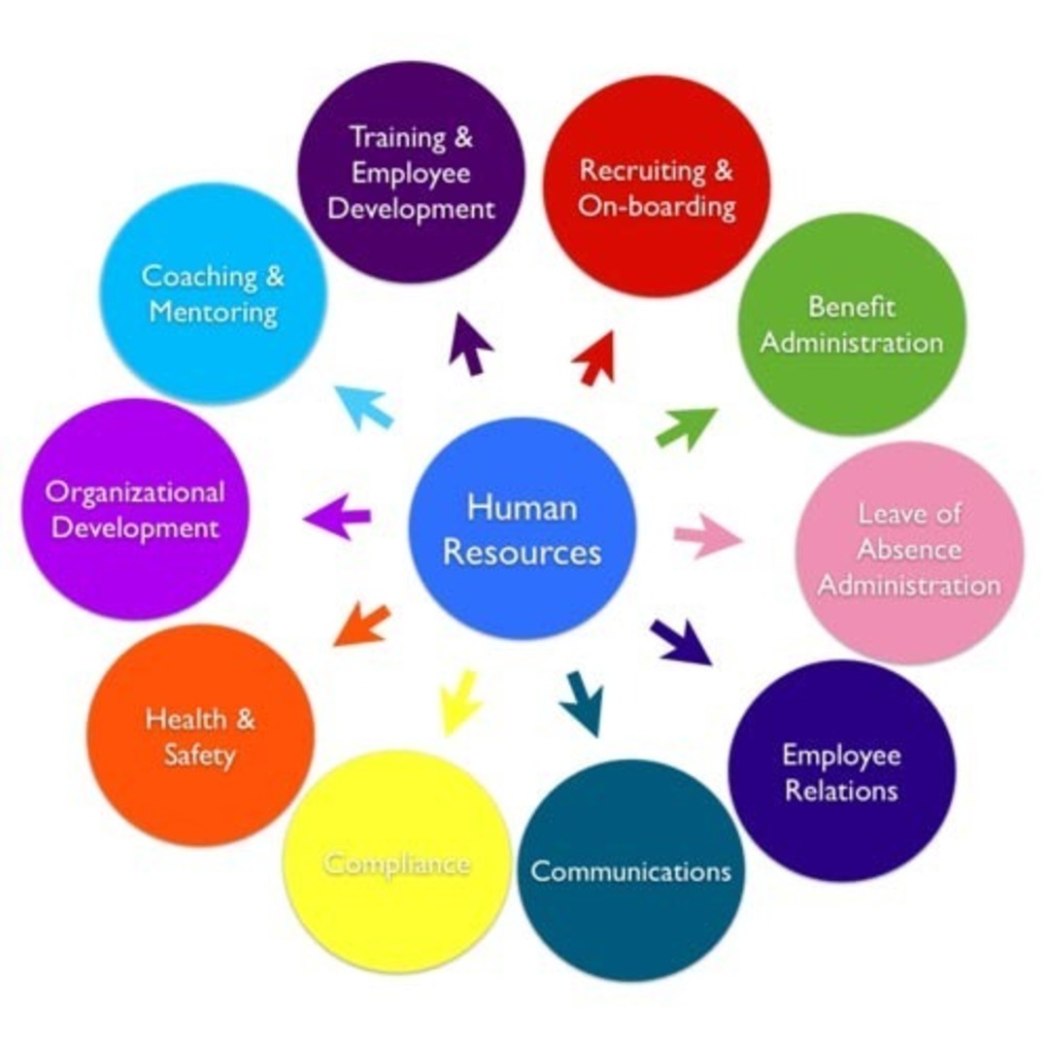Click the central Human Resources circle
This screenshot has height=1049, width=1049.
click(522, 529)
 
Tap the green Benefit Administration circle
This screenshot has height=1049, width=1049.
click(852, 324)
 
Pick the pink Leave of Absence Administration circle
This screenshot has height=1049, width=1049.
click(909, 552)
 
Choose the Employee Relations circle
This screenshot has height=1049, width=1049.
click(841, 771)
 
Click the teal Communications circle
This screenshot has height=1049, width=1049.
click(630, 870)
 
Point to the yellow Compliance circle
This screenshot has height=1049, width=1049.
click(397, 863)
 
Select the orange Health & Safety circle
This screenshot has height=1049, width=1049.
click(201, 735)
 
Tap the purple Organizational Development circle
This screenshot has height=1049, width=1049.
click(135, 509)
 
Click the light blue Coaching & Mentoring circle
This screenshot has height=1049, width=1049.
click(214, 294)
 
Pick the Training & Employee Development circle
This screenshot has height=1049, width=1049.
click(411, 172)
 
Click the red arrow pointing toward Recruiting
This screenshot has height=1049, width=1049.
click(596, 357)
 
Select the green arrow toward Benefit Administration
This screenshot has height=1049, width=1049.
click(686, 428)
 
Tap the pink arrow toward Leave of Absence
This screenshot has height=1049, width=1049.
click(707, 537)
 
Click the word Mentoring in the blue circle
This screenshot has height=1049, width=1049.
click(214, 314)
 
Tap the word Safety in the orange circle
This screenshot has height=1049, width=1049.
click(200, 755)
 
